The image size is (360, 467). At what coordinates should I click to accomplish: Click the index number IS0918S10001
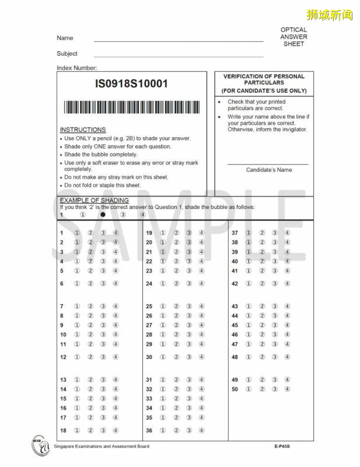(x=131, y=83)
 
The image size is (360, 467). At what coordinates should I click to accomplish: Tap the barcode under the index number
(x=131, y=107)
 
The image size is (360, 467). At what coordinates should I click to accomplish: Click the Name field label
(x=65, y=38)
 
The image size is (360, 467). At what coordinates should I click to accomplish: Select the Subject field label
(x=67, y=54)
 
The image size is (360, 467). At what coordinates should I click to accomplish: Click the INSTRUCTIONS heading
(x=83, y=130)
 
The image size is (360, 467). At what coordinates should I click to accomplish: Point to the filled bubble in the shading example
(x=103, y=214)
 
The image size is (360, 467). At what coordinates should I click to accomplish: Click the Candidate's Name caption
(x=268, y=170)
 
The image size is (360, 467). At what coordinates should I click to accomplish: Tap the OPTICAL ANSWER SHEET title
(x=293, y=37)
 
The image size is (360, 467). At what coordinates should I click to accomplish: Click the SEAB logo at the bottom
(x=40, y=445)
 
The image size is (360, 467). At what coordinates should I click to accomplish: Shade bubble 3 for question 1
(x=103, y=233)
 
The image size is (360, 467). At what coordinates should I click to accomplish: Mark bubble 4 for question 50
(x=287, y=389)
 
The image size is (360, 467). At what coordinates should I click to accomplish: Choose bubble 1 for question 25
(x=163, y=306)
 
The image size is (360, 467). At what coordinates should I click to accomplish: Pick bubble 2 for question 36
(x=176, y=430)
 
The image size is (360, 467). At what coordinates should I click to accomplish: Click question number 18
(x=63, y=430)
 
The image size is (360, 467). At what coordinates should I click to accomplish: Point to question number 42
(x=235, y=284)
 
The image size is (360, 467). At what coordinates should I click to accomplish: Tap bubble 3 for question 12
(x=103, y=357)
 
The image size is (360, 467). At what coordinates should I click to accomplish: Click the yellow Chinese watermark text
(x=329, y=15)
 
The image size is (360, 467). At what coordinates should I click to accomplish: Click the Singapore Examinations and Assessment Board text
(x=101, y=447)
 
